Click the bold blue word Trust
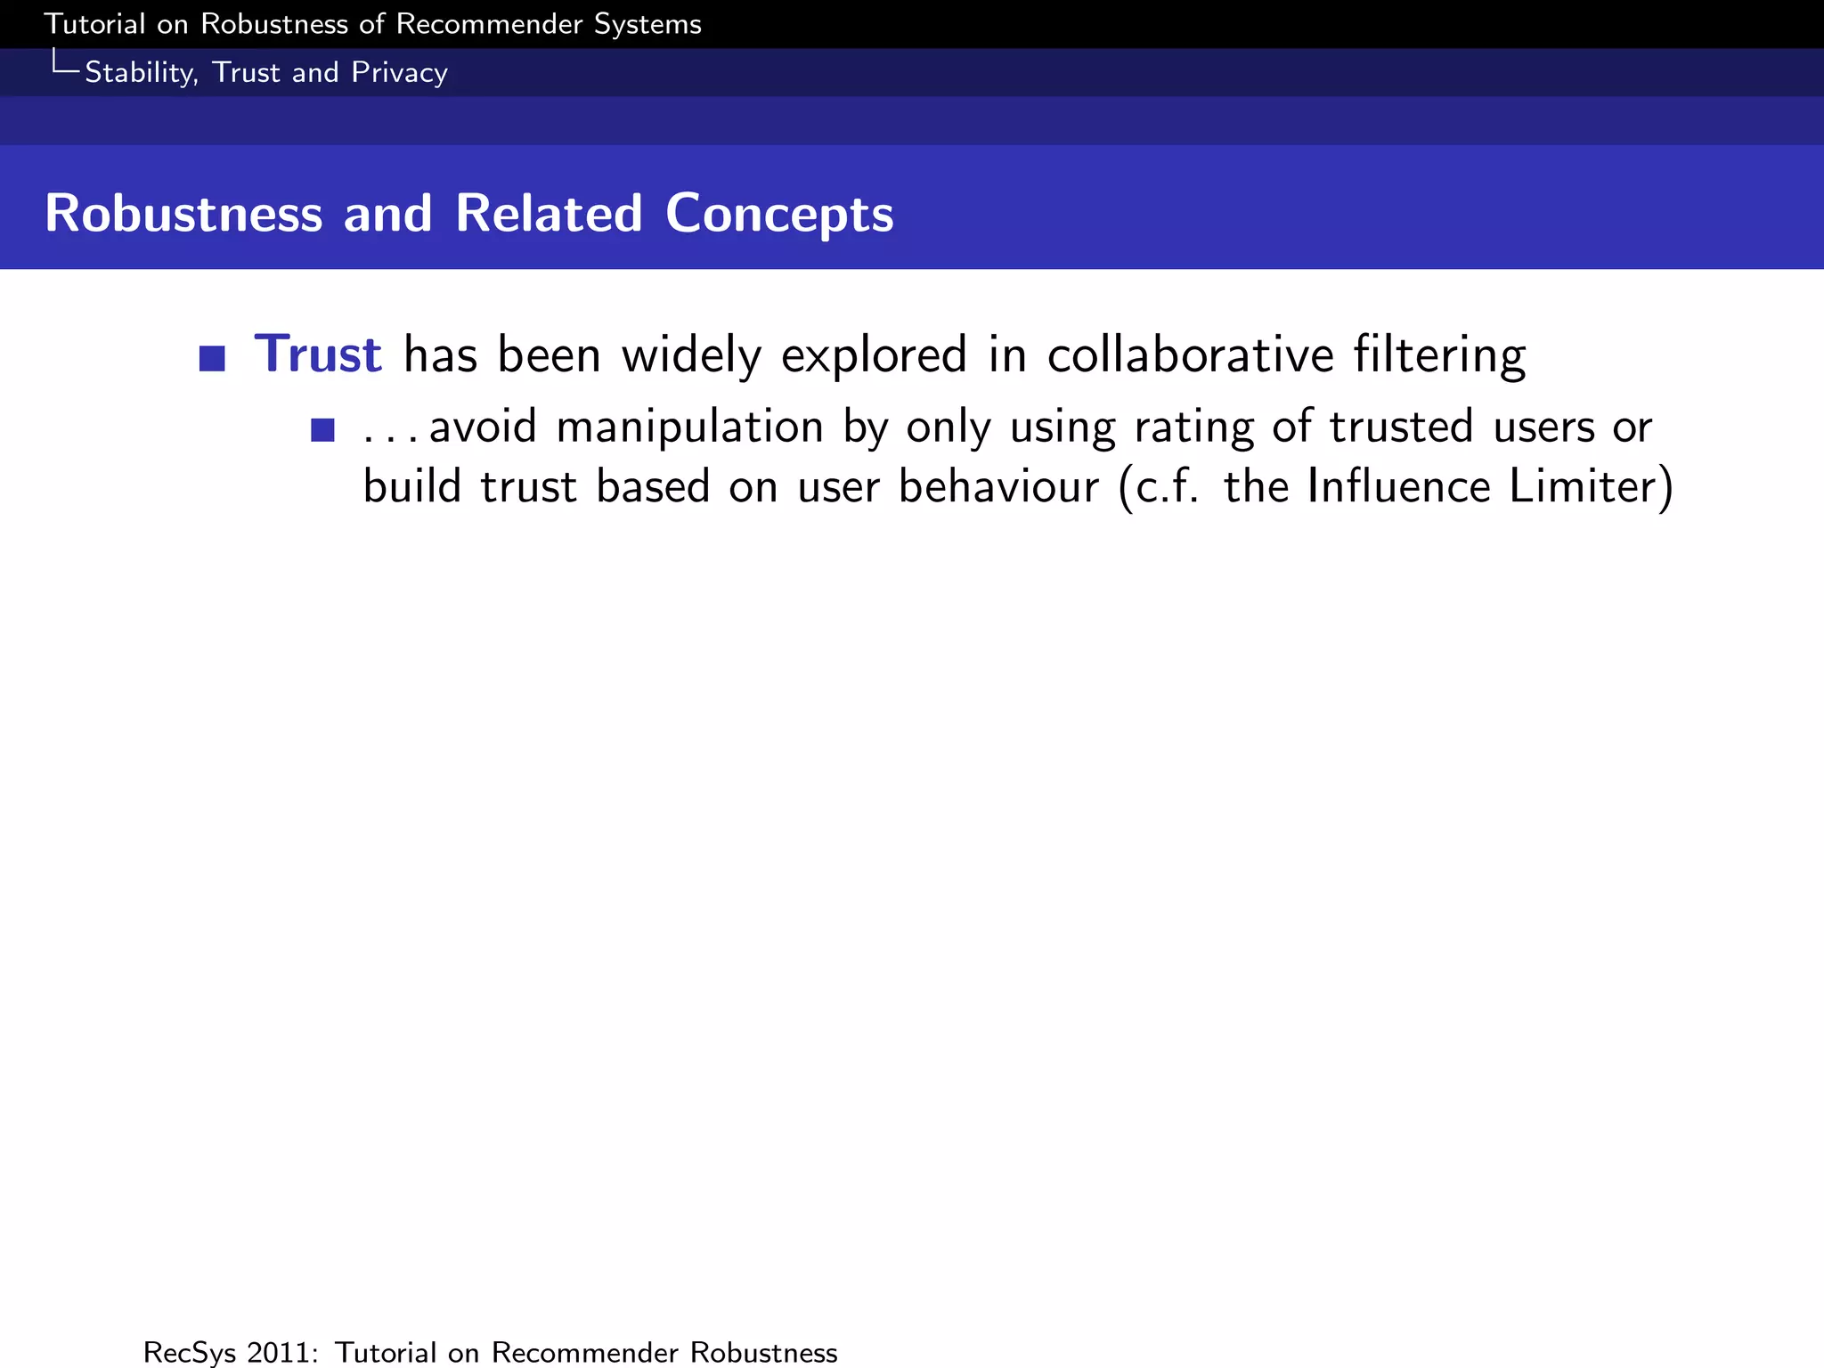pyautogui.click(x=318, y=354)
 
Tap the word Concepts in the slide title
pyautogui.click(x=779, y=215)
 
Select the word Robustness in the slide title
pyautogui.click(x=183, y=215)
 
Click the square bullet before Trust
pyautogui.click(x=212, y=358)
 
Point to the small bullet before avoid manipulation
pyautogui.click(x=322, y=430)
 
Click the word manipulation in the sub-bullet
pyautogui.click(x=689, y=427)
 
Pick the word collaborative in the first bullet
pyautogui.click(x=1190, y=354)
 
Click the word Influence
pyautogui.click(x=1398, y=487)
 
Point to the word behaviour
pyautogui.click(x=998, y=487)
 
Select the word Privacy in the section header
pyautogui.click(x=399, y=73)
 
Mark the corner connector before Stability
pyautogui.click(x=64, y=63)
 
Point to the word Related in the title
pyautogui.click(x=549, y=215)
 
